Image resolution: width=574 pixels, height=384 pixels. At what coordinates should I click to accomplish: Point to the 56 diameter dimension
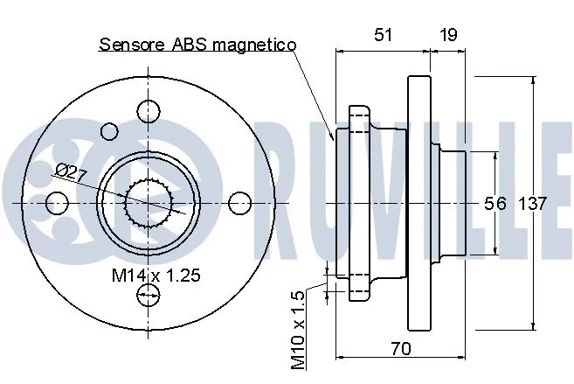pos(495,203)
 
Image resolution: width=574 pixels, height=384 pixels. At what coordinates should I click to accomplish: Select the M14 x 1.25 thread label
pos(156,275)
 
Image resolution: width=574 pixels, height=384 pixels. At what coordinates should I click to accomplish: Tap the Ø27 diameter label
pos(71,171)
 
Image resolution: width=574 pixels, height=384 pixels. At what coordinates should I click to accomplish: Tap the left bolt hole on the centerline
pos(58,203)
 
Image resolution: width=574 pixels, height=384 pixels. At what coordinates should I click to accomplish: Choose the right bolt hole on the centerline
pos(240,203)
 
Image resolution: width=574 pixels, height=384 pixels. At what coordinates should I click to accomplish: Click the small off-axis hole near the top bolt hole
pos(109,132)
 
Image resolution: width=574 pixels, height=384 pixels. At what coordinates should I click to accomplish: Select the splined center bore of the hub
pos(146,203)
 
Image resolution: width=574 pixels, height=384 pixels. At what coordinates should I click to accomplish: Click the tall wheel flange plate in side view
pos(420,203)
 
